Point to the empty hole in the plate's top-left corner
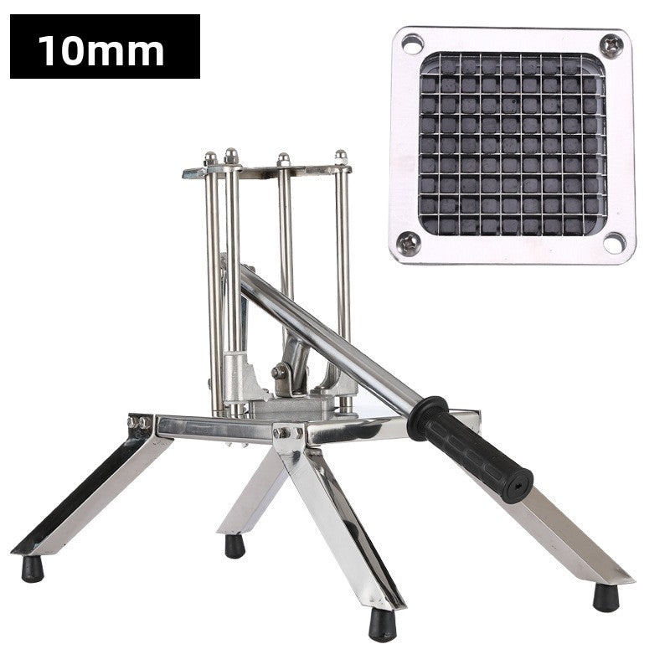411,44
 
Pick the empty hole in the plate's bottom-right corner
615,243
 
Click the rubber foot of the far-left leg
32,569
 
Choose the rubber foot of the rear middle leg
235,546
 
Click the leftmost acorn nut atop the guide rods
210,157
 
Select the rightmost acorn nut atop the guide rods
341,157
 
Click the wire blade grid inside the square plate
513,144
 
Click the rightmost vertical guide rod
343,276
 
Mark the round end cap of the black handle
523,483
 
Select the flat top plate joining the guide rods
268,170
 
